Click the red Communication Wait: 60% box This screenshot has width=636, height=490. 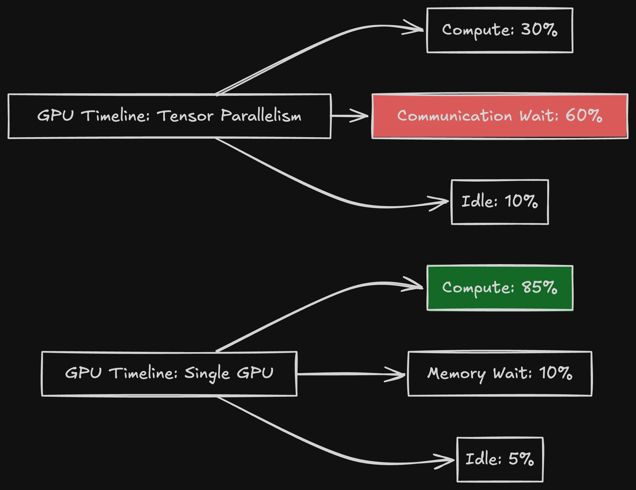[500, 116]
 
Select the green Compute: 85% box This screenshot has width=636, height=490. [500, 288]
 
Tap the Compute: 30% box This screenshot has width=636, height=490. [500, 30]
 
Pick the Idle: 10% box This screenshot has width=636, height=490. [500, 202]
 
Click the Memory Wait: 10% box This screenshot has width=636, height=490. [500, 374]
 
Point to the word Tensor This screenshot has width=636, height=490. [185, 116]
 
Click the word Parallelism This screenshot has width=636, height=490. [261, 116]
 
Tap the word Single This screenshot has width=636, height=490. [207, 374]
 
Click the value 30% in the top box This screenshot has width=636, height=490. [539, 30]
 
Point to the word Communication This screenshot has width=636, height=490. [454, 116]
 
